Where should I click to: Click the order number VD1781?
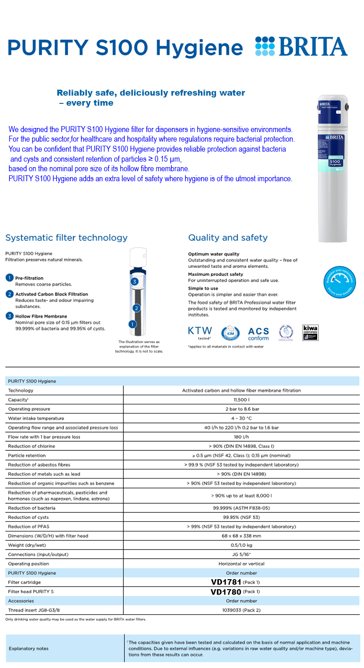[x=226, y=582]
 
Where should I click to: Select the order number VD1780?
[x=226, y=592]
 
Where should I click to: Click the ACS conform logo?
[x=258, y=333]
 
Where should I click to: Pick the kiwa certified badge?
[x=310, y=332]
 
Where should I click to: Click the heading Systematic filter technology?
[x=66, y=238]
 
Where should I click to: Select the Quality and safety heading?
[x=228, y=238]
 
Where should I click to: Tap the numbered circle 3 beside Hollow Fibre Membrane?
[x=10, y=316]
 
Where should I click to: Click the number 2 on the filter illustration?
[x=136, y=308]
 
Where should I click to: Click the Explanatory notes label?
[x=28, y=648]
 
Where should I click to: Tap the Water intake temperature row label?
[x=36, y=418]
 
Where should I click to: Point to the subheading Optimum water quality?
[x=213, y=254]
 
